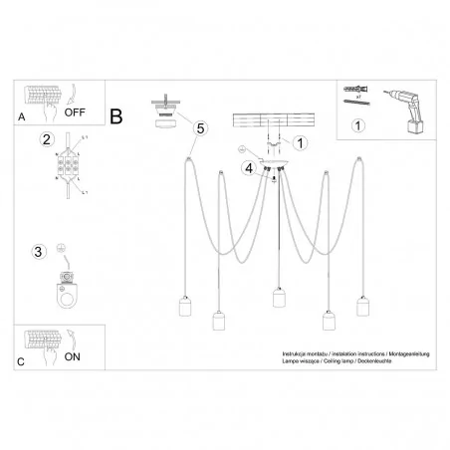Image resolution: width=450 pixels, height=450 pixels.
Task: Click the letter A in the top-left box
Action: coord(22,116)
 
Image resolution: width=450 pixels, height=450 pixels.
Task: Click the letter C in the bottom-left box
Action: coord(22,359)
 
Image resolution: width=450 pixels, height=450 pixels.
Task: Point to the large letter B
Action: coord(116,117)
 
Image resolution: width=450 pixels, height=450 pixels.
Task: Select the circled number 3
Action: coord(39,251)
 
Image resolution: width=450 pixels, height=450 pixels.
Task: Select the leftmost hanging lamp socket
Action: coord(183,307)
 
